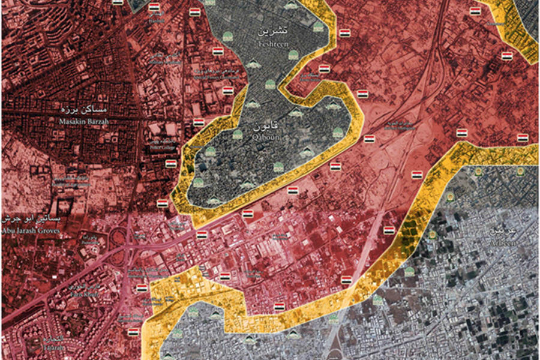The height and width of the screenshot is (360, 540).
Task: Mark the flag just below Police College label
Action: (171, 163)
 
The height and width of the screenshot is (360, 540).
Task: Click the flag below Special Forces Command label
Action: (228, 91)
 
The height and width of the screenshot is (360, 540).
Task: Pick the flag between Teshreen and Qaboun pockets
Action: (324, 69)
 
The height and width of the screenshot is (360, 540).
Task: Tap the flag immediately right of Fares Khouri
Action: (142, 289)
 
